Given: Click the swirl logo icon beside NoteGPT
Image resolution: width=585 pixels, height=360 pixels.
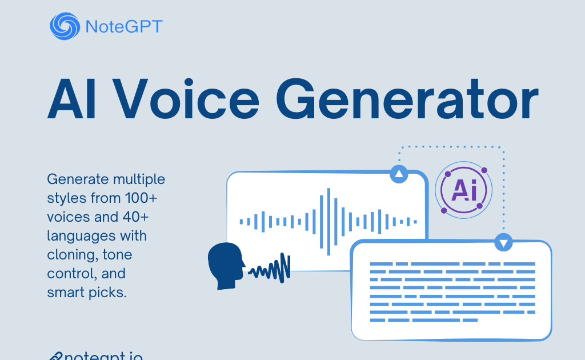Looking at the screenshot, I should click(65, 26).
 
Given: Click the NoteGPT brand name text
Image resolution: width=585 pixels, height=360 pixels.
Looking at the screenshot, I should click(123, 26).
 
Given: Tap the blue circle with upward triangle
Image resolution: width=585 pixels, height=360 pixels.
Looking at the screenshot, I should click(399, 174).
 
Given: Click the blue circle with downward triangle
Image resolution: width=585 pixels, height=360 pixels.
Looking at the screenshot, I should click(503, 242).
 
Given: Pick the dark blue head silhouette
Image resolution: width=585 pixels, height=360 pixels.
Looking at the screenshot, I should click(226, 262).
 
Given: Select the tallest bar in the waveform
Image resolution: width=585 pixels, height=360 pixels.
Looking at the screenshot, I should click(328, 221).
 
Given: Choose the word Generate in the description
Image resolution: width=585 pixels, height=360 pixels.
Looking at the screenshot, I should click(76, 179).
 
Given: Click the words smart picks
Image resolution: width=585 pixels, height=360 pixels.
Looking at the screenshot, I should click(86, 292).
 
